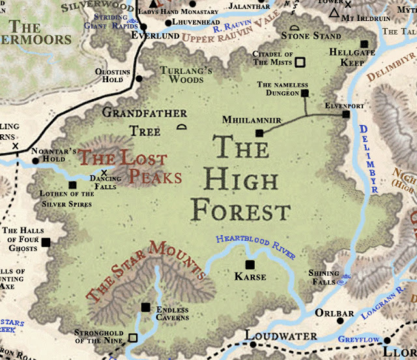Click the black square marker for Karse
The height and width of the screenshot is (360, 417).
click(x=250, y=265)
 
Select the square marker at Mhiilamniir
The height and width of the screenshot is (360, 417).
click(x=259, y=133)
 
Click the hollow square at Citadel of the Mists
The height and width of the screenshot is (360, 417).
click(x=300, y=63)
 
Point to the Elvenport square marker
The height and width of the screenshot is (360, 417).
click(x=346, y=114)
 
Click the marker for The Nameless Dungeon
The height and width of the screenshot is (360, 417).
click(x=304, y=94)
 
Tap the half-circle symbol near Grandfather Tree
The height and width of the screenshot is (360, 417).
click(x=182, y=127)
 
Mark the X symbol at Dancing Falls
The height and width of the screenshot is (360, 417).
click(x=104, y=173)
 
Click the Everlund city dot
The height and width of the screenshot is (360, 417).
click(x=145, y=29)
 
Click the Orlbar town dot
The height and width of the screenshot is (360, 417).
click(x=339, y=321)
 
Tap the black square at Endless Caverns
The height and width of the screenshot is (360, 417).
click(x=145, y=307)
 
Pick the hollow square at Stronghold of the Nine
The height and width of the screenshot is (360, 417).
click(x=133, y=338)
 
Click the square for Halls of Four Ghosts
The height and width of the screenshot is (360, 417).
click(x=46, y=243)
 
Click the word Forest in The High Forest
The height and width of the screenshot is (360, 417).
click(x=241, y=210)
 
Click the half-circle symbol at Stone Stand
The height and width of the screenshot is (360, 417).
click(x=295, y=28)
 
